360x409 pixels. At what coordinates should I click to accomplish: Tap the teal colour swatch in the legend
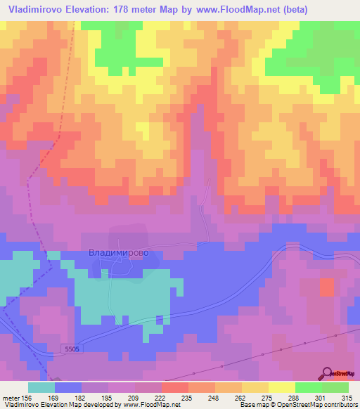41,387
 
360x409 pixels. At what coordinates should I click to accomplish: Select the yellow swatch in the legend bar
281,387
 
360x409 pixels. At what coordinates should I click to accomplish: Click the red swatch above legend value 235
174,387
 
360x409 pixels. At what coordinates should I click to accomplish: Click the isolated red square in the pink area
327,286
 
